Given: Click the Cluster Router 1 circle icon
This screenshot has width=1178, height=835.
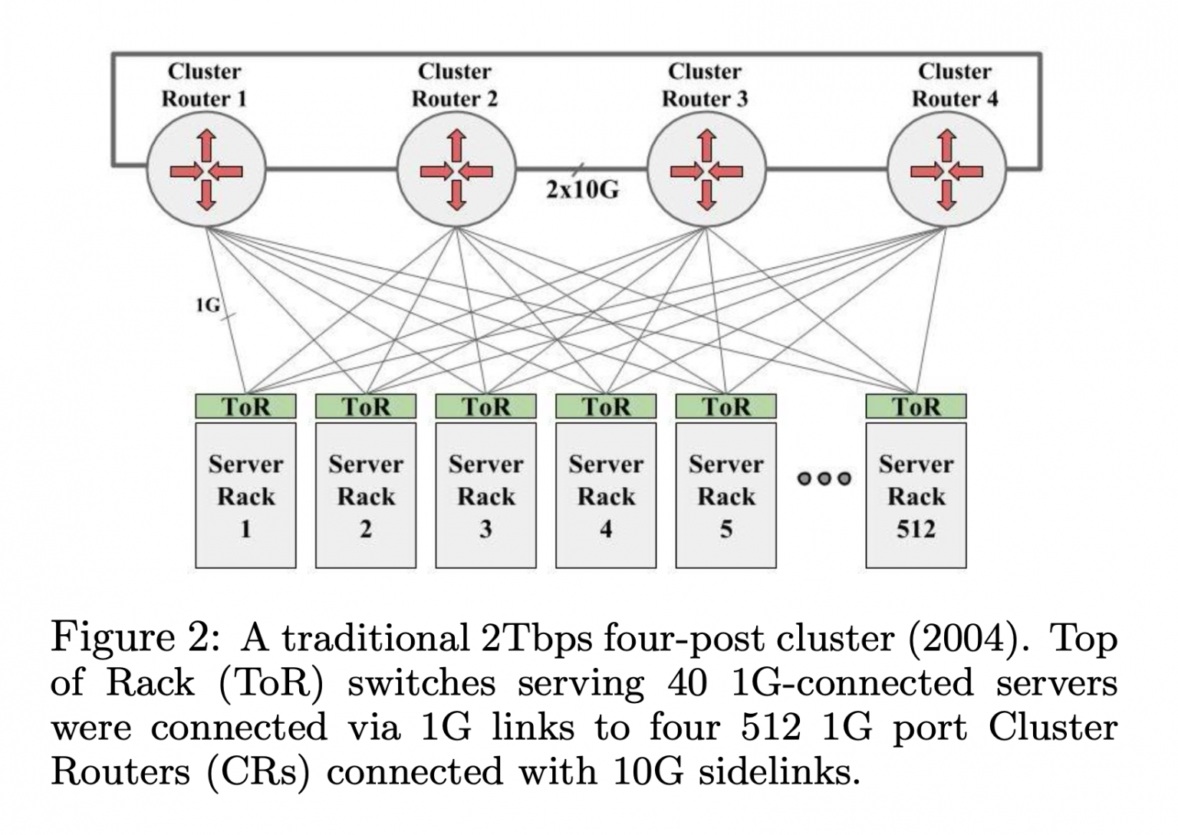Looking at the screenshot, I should pos(206,170).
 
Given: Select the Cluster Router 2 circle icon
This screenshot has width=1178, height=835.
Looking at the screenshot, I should pos(456,170).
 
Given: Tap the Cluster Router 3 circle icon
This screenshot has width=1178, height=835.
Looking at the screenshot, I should pos(706,170).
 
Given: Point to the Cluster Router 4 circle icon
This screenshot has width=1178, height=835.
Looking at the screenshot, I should pos(947,170).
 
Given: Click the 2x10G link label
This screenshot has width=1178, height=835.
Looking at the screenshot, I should pos(582,189).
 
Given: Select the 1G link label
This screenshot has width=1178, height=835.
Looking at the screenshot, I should pos(207,305).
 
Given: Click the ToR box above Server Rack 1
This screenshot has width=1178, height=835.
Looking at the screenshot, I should pos(245,406).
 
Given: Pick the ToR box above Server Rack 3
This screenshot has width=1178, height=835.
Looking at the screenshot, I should pos(485,406).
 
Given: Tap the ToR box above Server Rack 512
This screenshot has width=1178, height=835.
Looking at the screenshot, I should pos(916,406).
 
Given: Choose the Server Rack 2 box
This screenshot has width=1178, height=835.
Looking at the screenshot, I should pos(366,495).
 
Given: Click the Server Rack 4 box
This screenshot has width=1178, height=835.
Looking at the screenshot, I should pos(606,495).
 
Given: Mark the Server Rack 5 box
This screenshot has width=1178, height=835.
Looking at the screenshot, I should pos(726,495).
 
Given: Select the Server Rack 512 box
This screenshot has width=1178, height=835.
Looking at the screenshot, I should pos(916,495).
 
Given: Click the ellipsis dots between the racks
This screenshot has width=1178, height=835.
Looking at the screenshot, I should pos(824,478).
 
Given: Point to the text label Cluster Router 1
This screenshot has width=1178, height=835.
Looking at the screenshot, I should pos(204,85).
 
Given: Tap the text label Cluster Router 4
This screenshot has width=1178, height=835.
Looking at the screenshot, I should pos(955,85).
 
